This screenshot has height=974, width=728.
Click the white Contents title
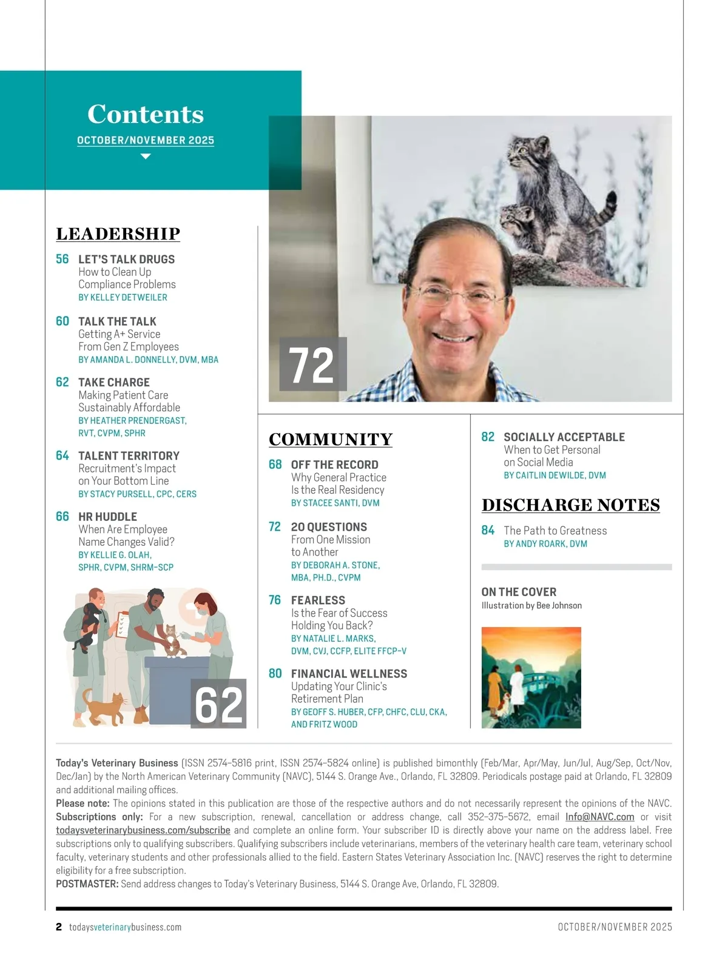click(146, 114)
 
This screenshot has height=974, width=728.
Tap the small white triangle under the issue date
click(146, 156)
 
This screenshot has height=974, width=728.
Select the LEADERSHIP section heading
click(118, 234)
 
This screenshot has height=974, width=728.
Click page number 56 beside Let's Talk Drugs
click(62, 259)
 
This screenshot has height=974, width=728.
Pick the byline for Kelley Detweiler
click(123, 298)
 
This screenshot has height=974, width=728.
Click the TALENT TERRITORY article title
click(129, 455)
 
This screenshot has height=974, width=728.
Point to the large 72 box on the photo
click(312, 364)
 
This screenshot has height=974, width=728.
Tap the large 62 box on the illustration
click(219, 704)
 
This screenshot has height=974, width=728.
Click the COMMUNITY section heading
click(331, 440)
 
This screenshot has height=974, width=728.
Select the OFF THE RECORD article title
click(334, 465)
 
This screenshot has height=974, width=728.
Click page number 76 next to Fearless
click(275, 600)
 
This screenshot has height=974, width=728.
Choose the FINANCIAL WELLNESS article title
click(349, 674)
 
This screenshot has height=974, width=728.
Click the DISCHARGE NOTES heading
click(571, 505)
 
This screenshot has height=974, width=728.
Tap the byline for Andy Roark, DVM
click(545, 544)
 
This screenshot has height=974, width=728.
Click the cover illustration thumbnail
click(531, 677)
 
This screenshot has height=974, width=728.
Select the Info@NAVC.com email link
click(599, 817)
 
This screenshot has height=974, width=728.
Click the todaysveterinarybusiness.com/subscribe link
click(143, 830)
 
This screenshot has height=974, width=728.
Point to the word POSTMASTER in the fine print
click(87, 884)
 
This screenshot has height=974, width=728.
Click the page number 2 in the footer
click(59, 927)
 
